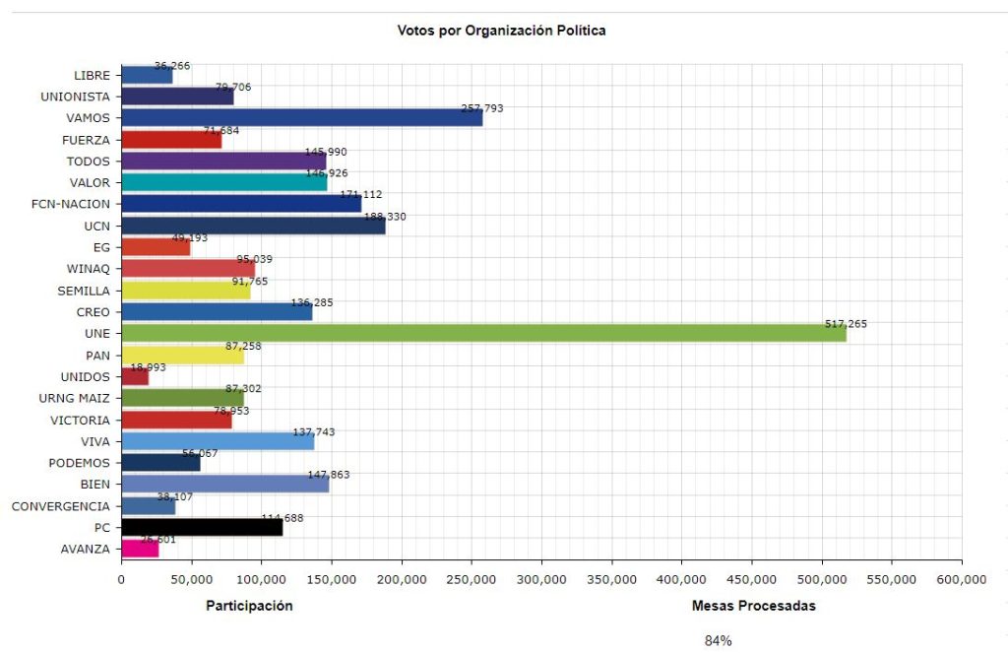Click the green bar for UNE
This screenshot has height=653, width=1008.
[482, 334]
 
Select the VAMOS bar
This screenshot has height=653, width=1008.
[301, 118]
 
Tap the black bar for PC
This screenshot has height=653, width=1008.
[201, 528]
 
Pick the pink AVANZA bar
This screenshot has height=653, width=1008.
[139, 550]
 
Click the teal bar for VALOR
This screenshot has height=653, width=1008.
[223, 182]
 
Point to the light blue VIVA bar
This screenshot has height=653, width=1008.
[217, 441]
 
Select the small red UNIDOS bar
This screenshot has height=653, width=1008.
[134, 376]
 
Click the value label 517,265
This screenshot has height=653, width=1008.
[847, 324]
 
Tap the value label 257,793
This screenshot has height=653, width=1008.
[482, 108]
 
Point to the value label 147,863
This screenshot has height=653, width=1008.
[329, 475]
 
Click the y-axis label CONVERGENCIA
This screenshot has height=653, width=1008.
[61, 506]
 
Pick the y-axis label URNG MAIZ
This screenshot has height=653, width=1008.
[76, 398]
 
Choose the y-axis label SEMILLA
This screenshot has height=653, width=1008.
[84, 291]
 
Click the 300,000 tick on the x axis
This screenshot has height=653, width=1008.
[541, 580]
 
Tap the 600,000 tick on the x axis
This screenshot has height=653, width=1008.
[961, 580]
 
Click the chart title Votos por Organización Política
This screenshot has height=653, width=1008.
[501, 31]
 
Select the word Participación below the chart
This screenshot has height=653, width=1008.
[249, 606]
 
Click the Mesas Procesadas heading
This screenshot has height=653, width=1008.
[753, 606]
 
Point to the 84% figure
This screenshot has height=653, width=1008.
[718, 641]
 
